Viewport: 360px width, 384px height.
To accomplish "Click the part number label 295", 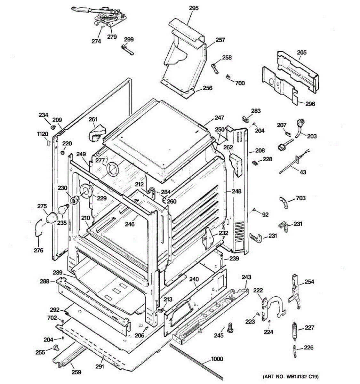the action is pyautogui.click(x=194, y=8).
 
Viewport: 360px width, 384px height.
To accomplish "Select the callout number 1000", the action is pyautogui.click(x=217, y=359).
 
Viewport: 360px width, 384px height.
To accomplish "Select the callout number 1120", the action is pyautogui.click(x=42, y=134).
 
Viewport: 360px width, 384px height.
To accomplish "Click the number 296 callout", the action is pyautogui.click(x=310, y=104).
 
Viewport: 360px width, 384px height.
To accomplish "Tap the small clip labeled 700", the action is pyautogui.click(x=228, y=76).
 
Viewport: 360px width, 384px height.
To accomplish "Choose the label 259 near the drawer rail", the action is pyautogui.click(x=76, y=372).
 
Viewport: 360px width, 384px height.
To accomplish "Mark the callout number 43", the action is pyautogui.click(x=303, y=172).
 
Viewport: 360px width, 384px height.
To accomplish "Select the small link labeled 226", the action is pyautogui.click(x=294, y=351).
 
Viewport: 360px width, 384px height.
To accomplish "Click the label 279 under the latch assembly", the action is pyautogui.click(x=112, y=36).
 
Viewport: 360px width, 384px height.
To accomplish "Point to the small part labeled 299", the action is pyautogui.click(x=127, y=50).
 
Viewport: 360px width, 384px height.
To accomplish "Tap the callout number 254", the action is pyautogui.click(x=309, y=282).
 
